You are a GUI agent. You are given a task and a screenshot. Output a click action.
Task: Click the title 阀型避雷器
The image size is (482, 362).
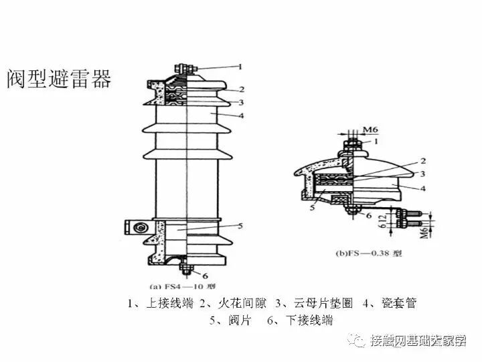[59, 78]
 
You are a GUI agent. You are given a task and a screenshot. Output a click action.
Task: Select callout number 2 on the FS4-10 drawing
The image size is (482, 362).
[241, 89]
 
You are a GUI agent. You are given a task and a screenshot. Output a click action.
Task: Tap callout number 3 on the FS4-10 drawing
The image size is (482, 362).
[241, 102]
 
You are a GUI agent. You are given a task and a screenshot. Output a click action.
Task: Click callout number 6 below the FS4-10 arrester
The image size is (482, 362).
[205, 276]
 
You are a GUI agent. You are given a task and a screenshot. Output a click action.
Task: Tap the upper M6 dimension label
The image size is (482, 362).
[370, 129]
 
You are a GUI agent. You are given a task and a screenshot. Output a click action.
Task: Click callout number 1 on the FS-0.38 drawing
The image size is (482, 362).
[376, 141]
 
